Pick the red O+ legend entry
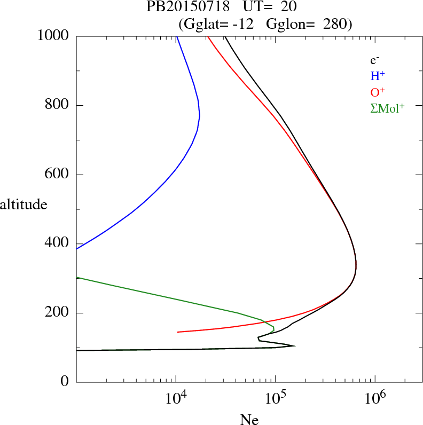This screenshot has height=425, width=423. click(378, 92)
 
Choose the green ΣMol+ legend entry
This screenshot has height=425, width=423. click(387, 108)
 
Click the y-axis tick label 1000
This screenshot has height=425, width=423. click(53, 36)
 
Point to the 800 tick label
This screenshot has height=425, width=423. click(58, 105)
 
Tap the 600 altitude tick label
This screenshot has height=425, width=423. click(58, 175)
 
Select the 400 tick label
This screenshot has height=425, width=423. click(58, 243)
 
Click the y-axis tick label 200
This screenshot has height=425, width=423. click(58, 313)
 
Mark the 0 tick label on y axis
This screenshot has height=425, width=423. click(66, 382)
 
